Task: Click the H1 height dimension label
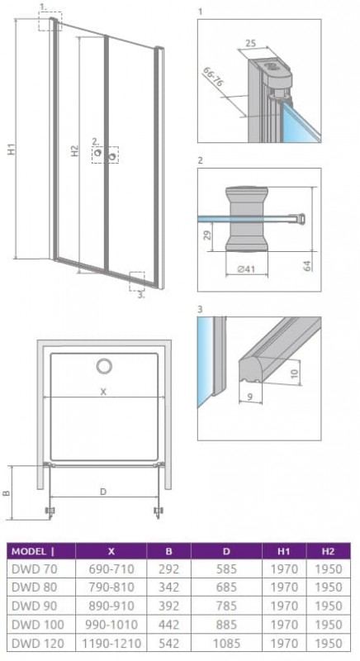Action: tap(13, 150)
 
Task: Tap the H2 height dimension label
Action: tap(74, 151)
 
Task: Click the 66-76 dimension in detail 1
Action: tap(213, 76)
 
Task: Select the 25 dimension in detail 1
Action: tap(250, 43)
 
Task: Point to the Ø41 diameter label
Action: tap(246, 269)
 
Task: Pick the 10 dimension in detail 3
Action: tap(294, 373)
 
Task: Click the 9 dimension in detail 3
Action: tap(249, 396)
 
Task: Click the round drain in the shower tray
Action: tap(104, 366)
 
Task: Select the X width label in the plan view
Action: tap(103, 392)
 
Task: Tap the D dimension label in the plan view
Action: tap(103, 492)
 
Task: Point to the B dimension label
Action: tap(6, 493)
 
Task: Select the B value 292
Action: tap(168, 569)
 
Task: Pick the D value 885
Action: tap(226, 625)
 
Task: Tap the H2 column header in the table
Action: tap(328, 551)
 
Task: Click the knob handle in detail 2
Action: tap(246, 219)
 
